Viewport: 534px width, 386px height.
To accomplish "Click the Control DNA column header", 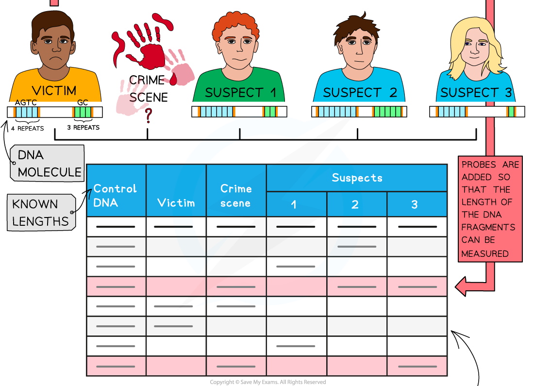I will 116,195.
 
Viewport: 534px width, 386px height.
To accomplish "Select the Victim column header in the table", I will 176,202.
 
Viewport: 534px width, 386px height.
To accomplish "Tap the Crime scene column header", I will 236,195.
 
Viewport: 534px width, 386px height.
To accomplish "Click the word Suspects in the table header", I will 357,178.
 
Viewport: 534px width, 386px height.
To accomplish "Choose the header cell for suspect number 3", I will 415,204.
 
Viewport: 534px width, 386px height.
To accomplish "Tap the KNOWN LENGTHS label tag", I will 42,213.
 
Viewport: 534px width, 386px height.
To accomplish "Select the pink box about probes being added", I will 490,209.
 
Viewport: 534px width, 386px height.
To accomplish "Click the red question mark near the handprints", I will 149,115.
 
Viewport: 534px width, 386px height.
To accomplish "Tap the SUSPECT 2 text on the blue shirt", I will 360,93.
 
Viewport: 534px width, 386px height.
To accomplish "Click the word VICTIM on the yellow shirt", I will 54,90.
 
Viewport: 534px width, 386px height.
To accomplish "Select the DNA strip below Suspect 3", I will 477,112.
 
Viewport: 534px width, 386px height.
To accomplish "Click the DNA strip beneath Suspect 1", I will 239,112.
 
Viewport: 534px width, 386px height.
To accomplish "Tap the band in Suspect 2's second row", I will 356,247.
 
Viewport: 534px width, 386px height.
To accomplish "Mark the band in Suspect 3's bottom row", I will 417,366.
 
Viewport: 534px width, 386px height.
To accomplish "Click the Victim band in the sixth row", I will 173,326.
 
